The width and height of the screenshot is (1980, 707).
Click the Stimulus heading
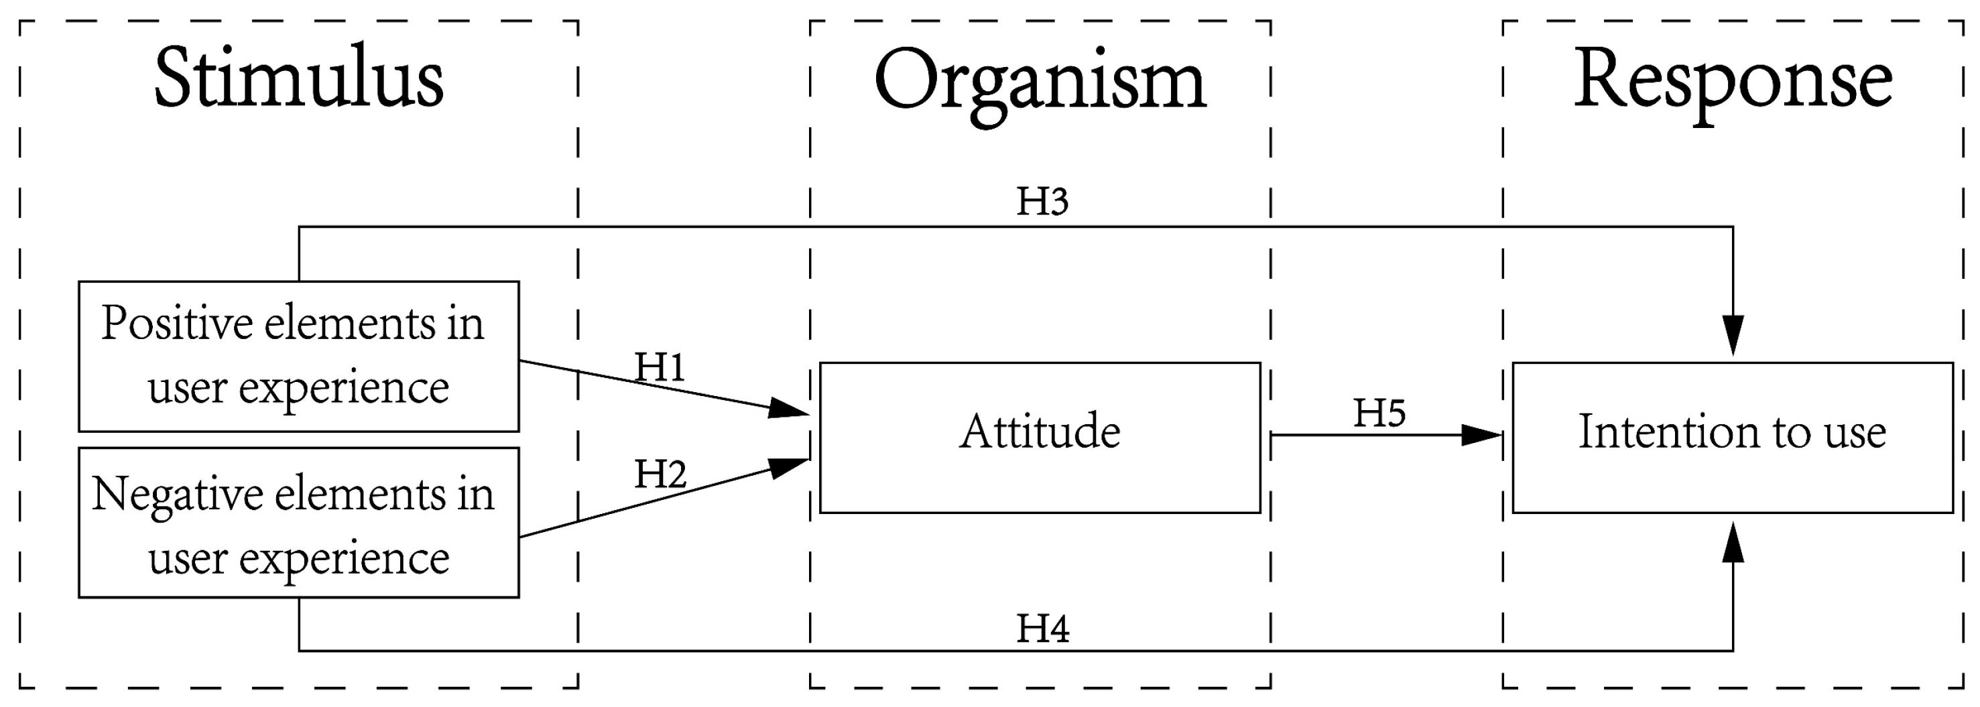point(298,79)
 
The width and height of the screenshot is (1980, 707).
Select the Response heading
point(1733,80)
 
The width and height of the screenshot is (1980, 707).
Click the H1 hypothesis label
point(660,367)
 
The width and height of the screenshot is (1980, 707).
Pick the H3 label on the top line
point(1042,201)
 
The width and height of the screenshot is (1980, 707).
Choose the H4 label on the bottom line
point(1042,629)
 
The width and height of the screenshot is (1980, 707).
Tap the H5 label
point(1379,413)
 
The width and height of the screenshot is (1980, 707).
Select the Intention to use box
point(1733,436)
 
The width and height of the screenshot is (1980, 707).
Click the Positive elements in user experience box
point(298,356)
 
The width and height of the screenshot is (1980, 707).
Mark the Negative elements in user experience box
point(298,522)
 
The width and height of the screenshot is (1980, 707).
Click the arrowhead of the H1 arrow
point(788,409)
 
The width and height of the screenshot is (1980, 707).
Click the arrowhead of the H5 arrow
point(1481,435)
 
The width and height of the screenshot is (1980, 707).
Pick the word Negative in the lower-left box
point(178,494)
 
